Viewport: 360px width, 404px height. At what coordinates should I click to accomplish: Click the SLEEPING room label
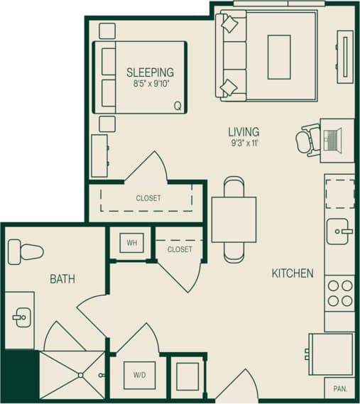click(150, 72)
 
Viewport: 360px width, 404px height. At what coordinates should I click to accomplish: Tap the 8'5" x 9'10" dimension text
click(150, 83)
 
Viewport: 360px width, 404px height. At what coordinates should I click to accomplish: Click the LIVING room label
click(243, 131)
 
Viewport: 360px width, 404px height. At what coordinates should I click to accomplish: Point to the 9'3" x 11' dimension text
click(243, 143)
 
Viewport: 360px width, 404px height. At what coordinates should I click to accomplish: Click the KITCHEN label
click(292, 273)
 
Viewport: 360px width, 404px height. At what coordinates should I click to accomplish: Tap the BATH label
click(62, 279)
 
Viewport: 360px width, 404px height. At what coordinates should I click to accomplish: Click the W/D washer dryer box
click(139, 375)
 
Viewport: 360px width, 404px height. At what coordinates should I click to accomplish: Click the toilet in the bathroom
click(25, 251)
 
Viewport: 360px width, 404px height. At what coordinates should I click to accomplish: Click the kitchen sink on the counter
click(339, 230)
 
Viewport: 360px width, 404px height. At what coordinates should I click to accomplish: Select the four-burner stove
click(339, 293)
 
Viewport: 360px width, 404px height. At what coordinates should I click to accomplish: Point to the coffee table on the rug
click(278, 57)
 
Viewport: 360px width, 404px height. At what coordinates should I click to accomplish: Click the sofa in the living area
click(231, 55)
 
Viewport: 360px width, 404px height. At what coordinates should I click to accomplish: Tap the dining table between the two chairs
click(234, 219)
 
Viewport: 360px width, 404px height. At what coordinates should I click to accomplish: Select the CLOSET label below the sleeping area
click(148, 198)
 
